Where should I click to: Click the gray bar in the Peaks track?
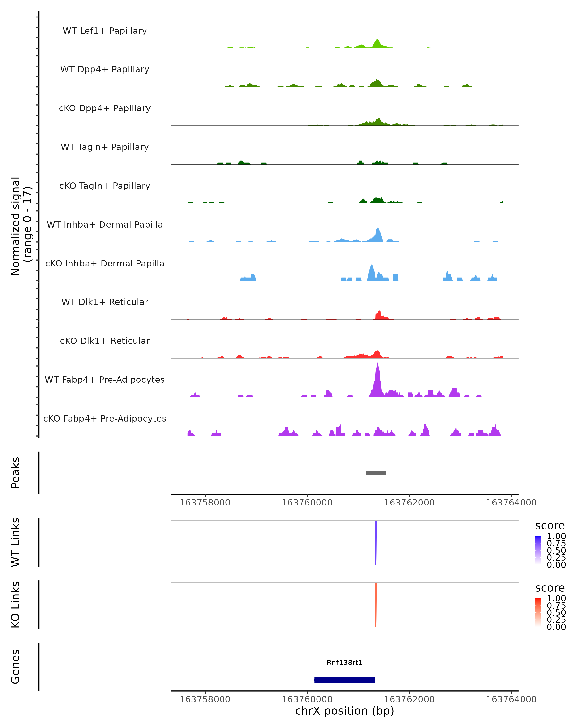click(x=376, y=473)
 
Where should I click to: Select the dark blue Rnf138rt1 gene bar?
click(x=344, y=680)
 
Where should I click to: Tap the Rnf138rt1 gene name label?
click(x=344, y=662)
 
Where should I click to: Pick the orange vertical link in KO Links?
click(x=376, y=605)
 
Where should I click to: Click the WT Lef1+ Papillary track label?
click(x=105, y=31)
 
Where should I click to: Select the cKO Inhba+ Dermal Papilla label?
click(x=105, y=263)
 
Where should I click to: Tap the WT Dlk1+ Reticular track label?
click(x=105, y=302)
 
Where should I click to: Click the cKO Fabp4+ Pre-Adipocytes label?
click(x=105, y=418)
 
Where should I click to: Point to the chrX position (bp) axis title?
click(x=344, y=711)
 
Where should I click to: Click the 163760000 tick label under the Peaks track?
click(x=307, y=503)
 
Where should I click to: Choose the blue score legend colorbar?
click(x=538, y=550)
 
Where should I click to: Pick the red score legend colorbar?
click(x=538, y=612)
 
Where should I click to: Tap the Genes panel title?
click(x=16, y=667)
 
